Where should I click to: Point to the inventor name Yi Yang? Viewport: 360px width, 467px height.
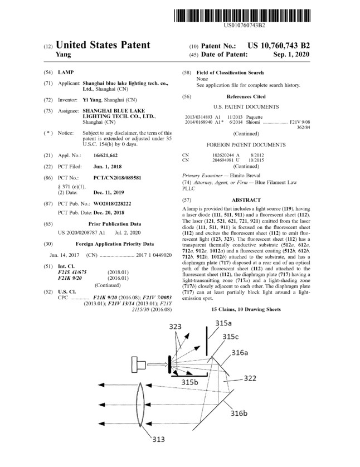[x=93, y=99]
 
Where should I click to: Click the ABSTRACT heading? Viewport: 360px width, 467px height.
[x=246, y=200]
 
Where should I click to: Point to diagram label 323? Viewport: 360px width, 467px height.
[x=174, y=326]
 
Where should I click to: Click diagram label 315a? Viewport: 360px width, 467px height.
[x=223, y=323]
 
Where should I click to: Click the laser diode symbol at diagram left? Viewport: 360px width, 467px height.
[x=139, y=364]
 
